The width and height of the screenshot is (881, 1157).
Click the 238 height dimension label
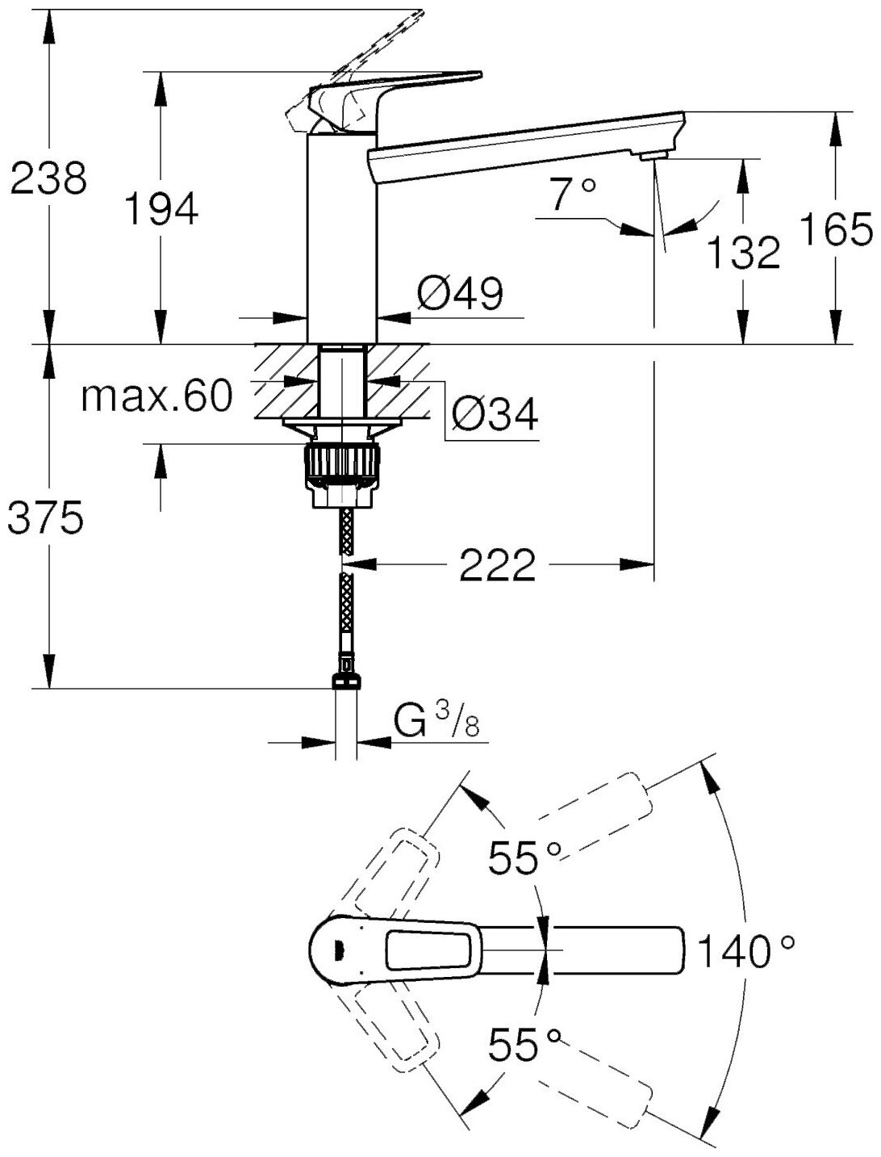(48, 178)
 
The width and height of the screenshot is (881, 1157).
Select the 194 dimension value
(161, 210)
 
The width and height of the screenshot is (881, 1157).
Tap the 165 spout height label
(835, 230)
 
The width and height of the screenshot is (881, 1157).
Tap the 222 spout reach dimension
(497, 565)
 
